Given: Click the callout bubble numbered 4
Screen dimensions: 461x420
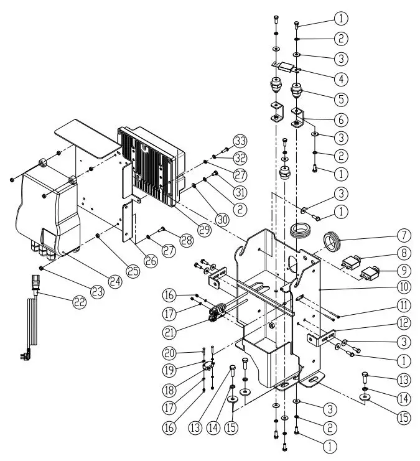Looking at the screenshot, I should click(340, 78).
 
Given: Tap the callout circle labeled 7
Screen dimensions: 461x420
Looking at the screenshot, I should click(404, 235).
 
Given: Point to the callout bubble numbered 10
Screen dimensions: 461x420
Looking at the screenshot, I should click(404, 287).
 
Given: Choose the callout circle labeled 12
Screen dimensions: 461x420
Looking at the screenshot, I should click(404, 322).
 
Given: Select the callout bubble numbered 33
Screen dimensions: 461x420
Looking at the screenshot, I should click(240, 140).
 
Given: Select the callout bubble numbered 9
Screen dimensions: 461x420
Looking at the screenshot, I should click(404, 270).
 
